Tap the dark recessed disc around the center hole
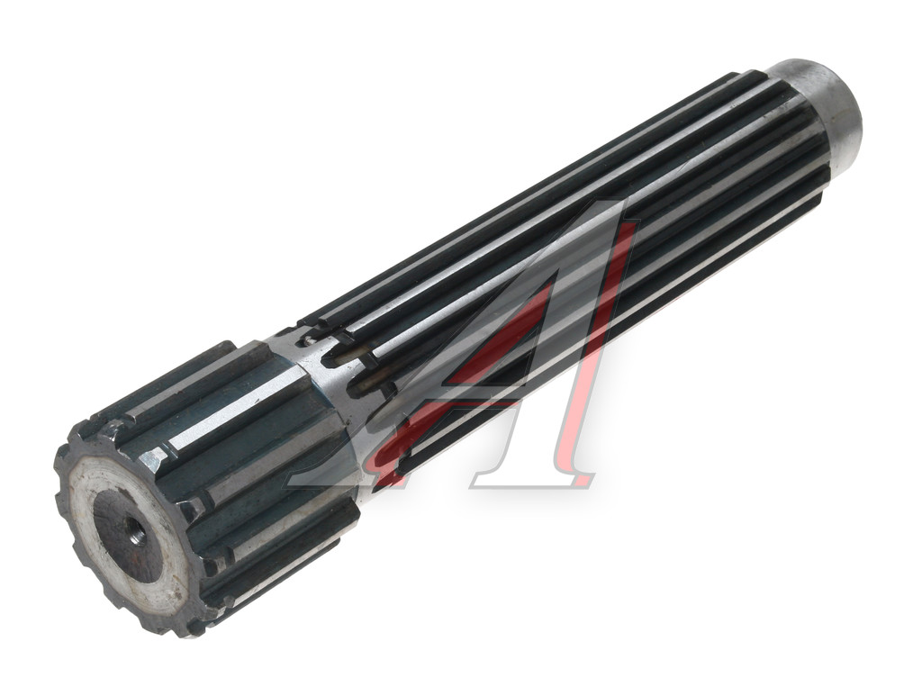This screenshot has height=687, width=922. [128, 536]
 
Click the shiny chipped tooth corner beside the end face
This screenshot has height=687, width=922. [156, 459]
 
